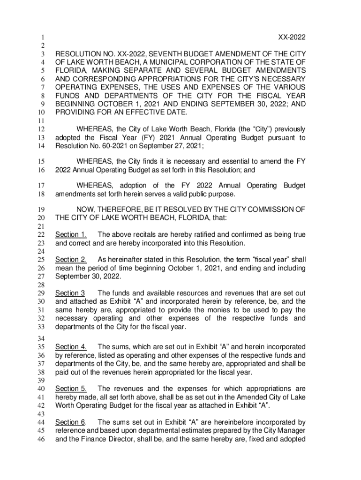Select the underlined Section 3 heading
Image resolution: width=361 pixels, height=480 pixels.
point(70,293)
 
